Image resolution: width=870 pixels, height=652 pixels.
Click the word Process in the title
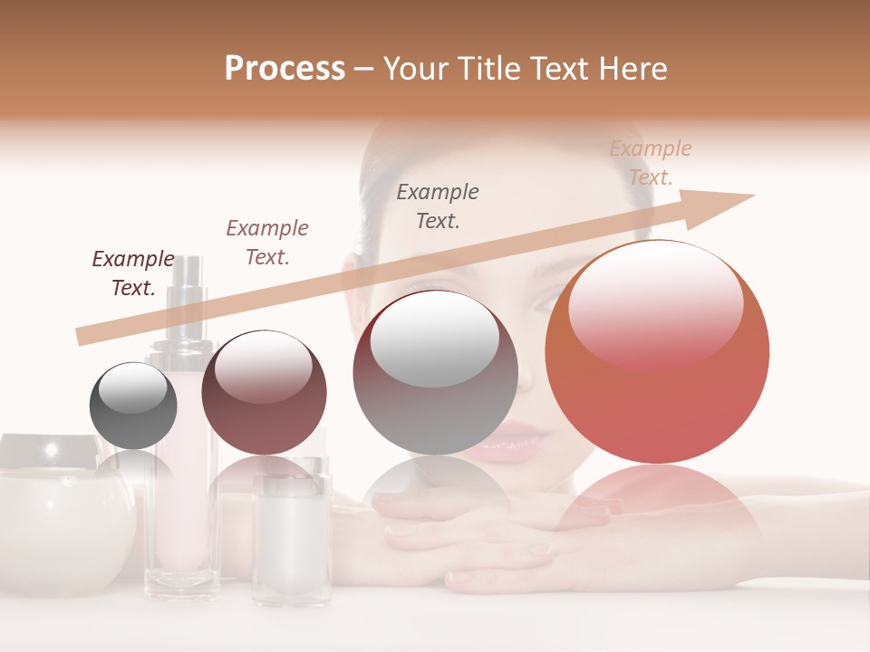click(285, 69)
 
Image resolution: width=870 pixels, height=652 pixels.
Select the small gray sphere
click(133, 406)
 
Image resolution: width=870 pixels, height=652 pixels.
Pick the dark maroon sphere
click(264, 393)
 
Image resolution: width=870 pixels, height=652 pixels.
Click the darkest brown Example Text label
click(133, 273)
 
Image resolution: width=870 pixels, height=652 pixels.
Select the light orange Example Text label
click(651, 163)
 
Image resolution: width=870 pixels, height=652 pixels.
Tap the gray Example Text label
click(438, 206)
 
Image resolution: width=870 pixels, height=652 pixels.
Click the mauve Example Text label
click(267, 242)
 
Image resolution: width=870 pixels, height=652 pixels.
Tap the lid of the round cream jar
click(50, 450)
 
